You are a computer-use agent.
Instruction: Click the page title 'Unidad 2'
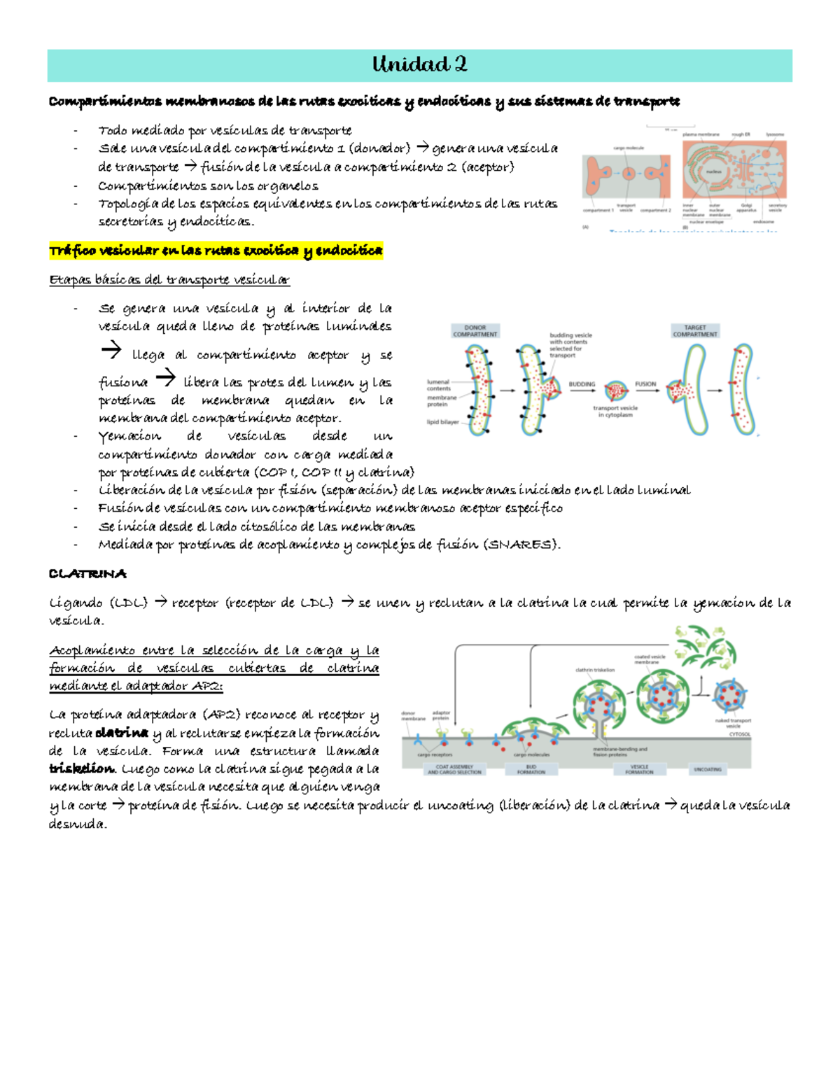point(419,65)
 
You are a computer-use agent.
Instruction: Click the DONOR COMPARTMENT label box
point(475,331)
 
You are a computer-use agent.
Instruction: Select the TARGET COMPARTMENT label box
point(694,331)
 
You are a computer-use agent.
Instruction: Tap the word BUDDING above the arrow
point(582,384)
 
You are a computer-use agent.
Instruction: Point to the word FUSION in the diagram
point(645,384)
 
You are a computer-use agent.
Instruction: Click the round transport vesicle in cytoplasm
point(616,391)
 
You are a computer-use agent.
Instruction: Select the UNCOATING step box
point(707,769)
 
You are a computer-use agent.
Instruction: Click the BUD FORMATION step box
point(531,769)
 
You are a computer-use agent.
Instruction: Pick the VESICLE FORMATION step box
point(639,769)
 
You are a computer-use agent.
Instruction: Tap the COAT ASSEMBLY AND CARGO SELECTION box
point(454,769)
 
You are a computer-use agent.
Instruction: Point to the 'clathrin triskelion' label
point(595,670)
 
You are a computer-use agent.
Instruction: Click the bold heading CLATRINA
point(87,574)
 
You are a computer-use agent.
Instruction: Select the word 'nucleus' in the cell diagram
point(713,171)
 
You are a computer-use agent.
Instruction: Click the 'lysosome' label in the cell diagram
point(775,134)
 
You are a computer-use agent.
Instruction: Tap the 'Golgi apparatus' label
point(746,208)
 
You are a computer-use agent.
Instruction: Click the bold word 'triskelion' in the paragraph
point(81,769)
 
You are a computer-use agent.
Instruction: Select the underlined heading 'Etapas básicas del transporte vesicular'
point(169,280)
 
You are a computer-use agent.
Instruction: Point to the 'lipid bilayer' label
point(442,422)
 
